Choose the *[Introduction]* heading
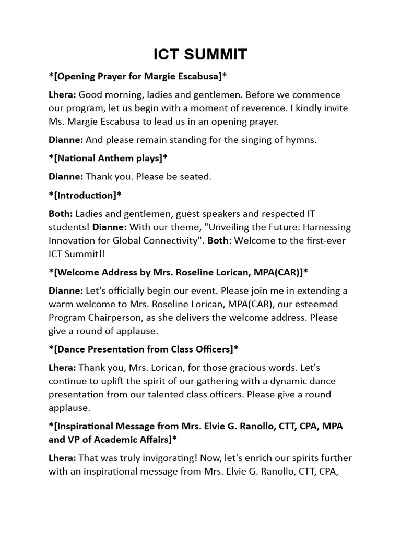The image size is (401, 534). (x=85, y=195)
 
